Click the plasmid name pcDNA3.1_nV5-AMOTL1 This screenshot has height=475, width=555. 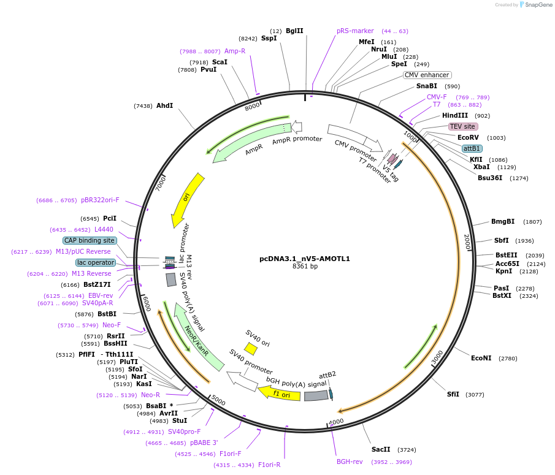tap(305, 259)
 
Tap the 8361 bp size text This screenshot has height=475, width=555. tap(305, 266)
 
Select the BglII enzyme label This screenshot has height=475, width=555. tap(294, 31)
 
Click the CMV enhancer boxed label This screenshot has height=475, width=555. tap(427, 75)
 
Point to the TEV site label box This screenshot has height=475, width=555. tap(462, 126)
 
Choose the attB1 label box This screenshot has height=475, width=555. tap(472, 148)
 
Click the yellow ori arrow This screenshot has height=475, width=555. tap(186, 198)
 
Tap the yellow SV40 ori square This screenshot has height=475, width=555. tap(250, 349)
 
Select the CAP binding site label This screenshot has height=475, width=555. tap(90, 240)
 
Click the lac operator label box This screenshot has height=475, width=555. tap(96, 262)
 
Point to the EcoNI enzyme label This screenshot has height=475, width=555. tap(481, 358)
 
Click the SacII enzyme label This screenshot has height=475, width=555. tap(381, 449)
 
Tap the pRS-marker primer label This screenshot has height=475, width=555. tap(355, 31)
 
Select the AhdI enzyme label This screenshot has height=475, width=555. tap(164, 105)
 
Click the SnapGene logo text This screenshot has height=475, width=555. tap(537, 5)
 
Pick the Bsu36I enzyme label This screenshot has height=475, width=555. tap(490, 178)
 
